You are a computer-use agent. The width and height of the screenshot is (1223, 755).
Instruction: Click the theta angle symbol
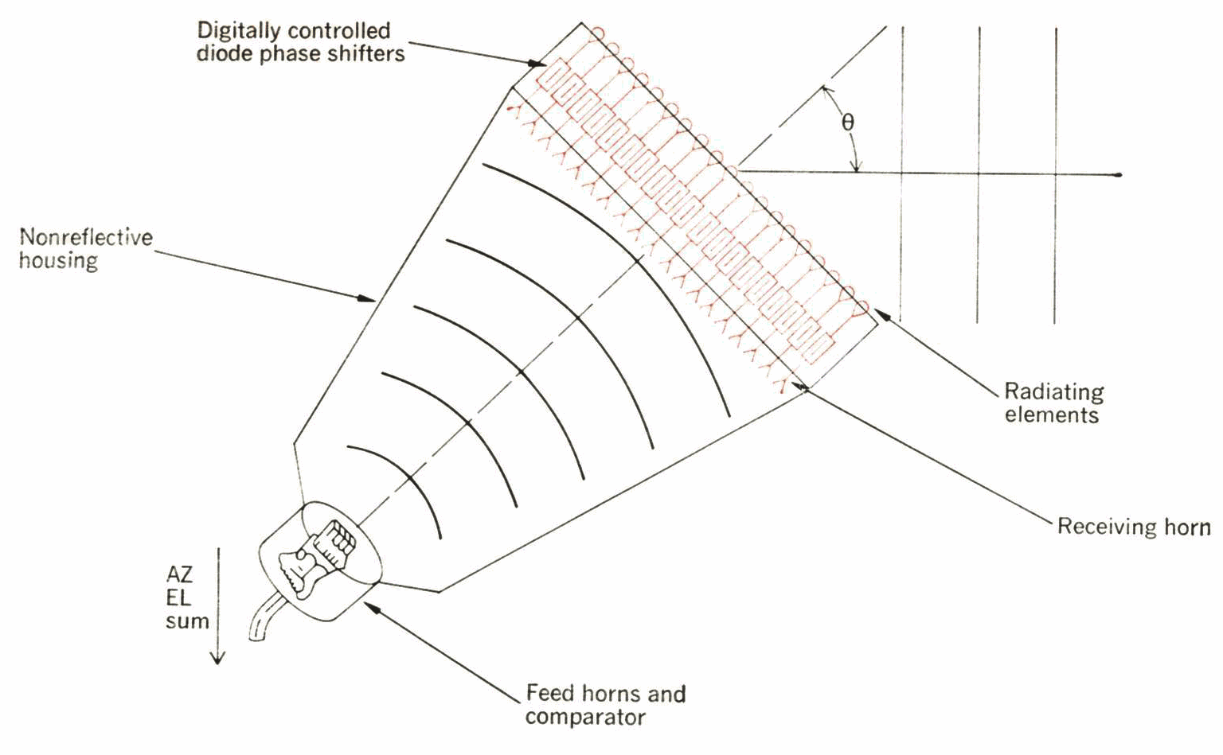coord(848,123)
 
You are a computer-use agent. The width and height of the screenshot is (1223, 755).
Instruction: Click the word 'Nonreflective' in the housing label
coord(86,237)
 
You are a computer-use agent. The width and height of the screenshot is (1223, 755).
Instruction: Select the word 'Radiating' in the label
coord(1053,392)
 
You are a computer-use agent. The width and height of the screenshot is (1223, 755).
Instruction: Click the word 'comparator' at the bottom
coord(585,717)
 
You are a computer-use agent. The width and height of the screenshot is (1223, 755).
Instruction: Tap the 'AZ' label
coord(179,574)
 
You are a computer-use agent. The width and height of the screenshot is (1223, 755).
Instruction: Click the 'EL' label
coord(178,598)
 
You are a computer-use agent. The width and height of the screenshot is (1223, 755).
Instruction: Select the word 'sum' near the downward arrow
coord(187,621)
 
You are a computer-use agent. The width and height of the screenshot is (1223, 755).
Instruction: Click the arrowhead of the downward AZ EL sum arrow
coord(217,657)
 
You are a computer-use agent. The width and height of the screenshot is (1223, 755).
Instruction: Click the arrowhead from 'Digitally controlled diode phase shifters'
coord(537,64)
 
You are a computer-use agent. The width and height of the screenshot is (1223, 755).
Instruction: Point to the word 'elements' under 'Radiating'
coord(1051,415)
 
